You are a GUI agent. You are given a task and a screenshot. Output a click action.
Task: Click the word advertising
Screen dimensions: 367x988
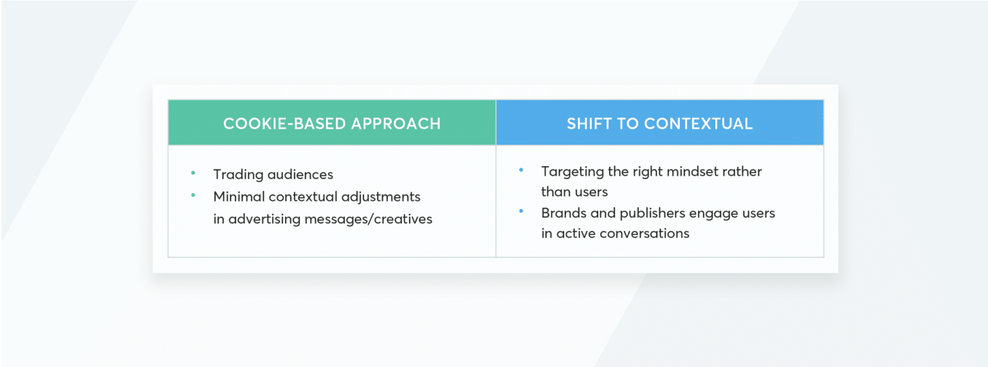(x=264, y=219)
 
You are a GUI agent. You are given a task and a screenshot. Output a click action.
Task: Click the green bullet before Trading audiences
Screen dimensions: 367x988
(x=192, y=173)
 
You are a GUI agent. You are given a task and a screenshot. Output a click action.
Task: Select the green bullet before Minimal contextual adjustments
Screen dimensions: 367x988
(x=192, y=195)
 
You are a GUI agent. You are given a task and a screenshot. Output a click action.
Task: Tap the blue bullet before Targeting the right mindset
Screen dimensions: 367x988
(x=520, y=170)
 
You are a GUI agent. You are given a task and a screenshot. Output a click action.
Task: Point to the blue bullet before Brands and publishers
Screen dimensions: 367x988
(x=520, y=211)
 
